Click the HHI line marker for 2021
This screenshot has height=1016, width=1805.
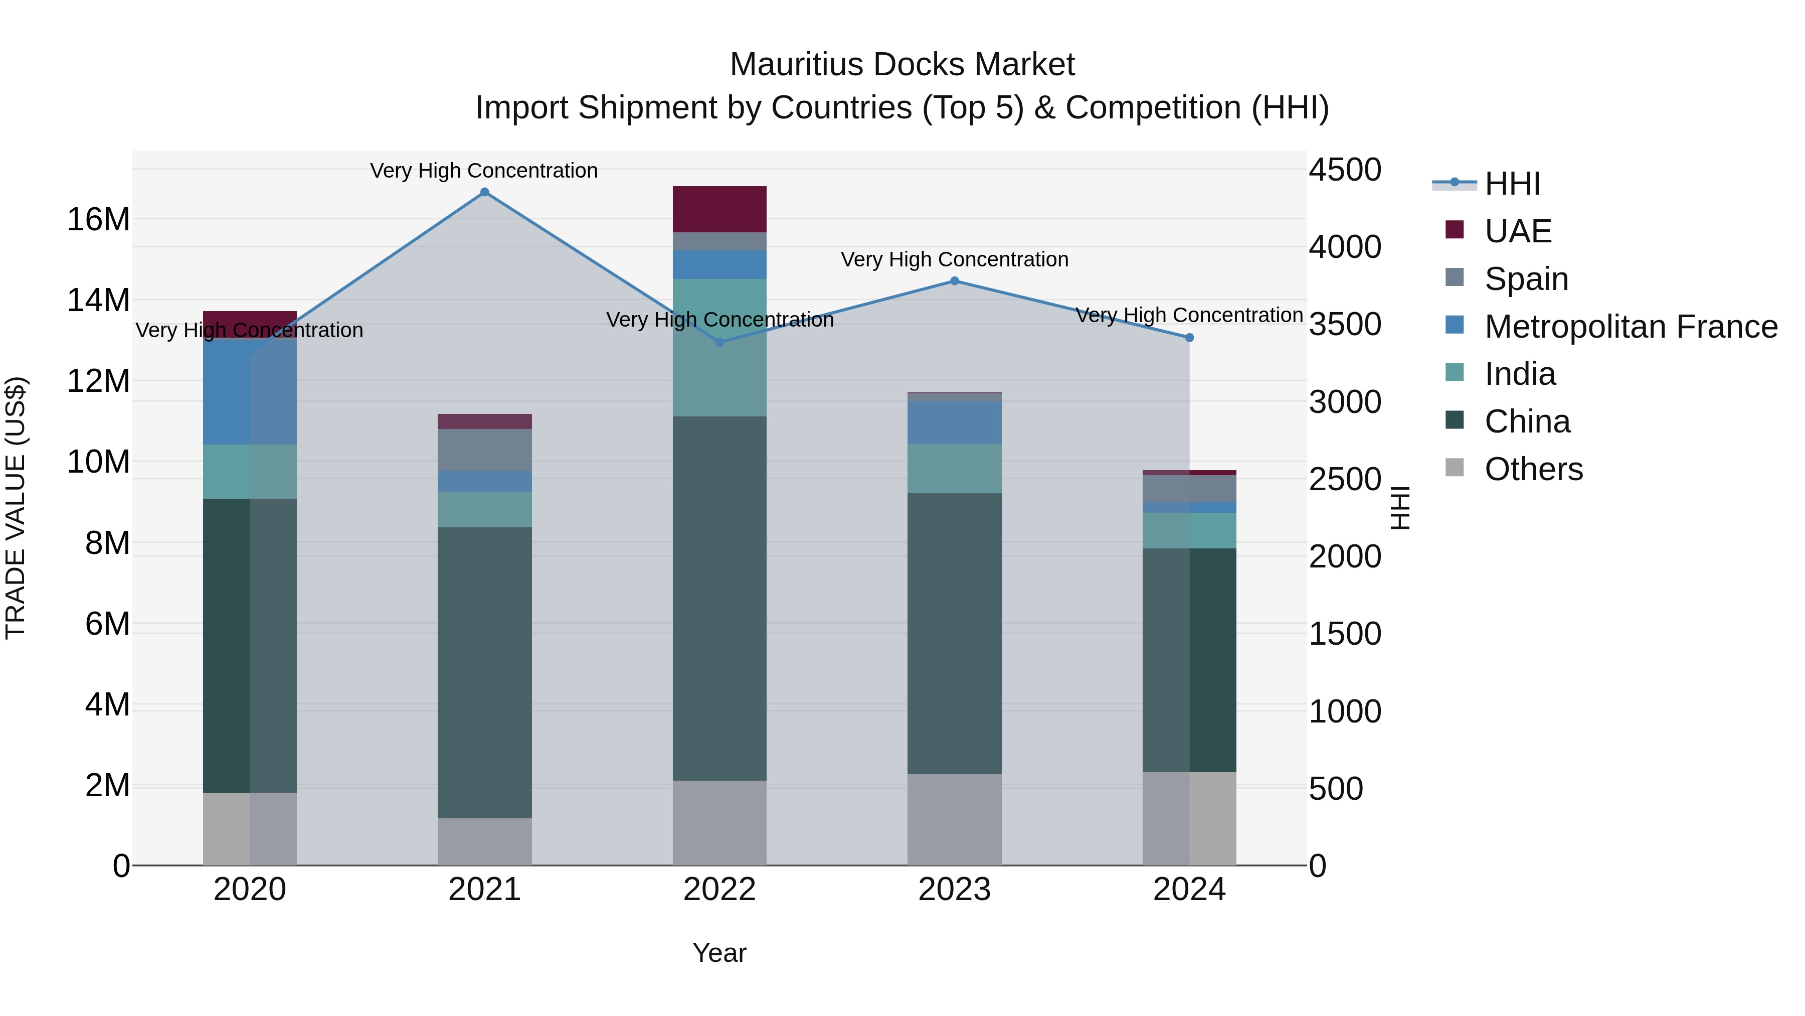tap(484, 192)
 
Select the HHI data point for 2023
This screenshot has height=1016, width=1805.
tap(954, 281)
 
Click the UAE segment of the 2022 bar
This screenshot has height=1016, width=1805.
tap(719, 209)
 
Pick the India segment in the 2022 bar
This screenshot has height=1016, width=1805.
tap(719, 348)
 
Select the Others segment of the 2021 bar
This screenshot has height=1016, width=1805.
tap(484, 841)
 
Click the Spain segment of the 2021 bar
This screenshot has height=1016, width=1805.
tap(484, 450)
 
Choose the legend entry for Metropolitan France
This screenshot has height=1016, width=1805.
tap(1630, 327)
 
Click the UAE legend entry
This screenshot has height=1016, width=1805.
tap(1517, 231)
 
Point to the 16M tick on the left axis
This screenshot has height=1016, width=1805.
tap(98, 219)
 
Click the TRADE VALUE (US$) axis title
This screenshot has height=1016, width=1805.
tap(16, 508)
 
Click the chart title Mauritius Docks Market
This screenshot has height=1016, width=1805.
tap(902, 65)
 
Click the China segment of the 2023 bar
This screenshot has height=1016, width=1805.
tap(954, 633)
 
